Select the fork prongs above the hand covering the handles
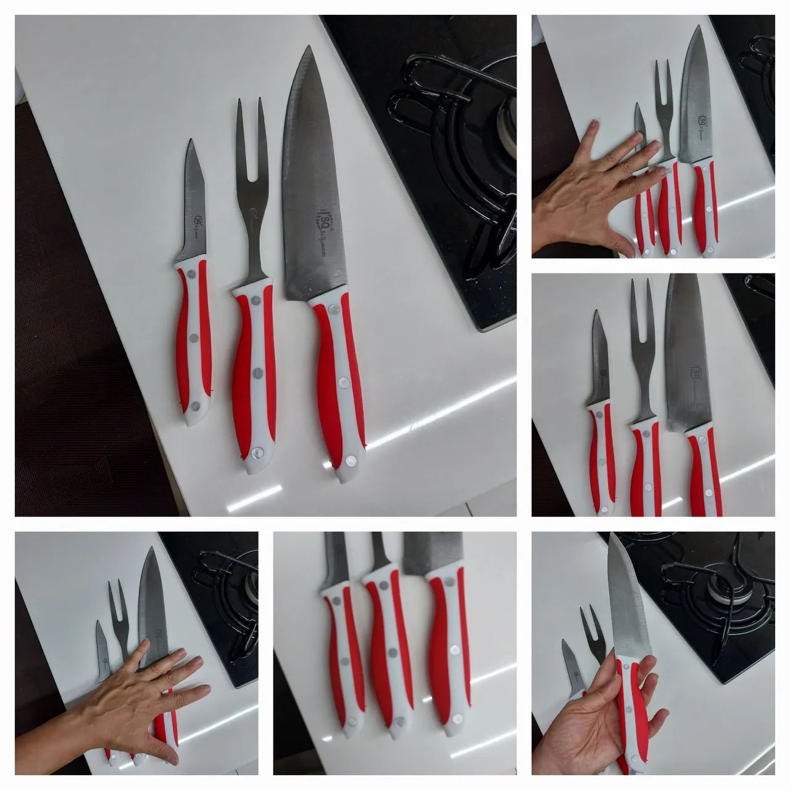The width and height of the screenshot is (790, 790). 114,602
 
